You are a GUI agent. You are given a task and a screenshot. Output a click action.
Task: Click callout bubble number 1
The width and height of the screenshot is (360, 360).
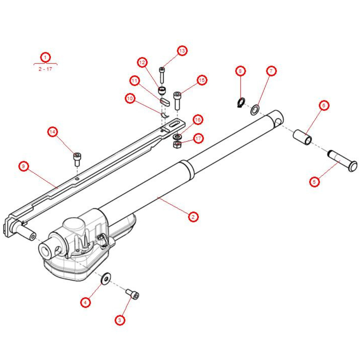[x=45, y=57]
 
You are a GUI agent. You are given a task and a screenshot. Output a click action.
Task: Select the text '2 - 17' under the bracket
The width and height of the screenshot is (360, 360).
[x=45, y=69]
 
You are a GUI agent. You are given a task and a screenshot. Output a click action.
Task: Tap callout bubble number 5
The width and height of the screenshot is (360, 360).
[x=314, y=182]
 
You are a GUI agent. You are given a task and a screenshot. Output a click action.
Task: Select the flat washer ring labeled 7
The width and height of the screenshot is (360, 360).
[x=255, y=109]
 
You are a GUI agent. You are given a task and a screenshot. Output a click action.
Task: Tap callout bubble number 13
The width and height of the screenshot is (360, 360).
[x=183, y=51]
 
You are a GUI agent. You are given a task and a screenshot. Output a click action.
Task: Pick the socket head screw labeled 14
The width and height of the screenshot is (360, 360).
[x=77, y=159]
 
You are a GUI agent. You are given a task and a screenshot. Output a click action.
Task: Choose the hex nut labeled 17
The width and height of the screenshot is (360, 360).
[x=177, y=145]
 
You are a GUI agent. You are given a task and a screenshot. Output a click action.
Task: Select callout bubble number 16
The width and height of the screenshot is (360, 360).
[x=198, y=119]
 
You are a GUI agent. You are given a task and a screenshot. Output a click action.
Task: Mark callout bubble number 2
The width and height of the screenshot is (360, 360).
[x=193, y=217]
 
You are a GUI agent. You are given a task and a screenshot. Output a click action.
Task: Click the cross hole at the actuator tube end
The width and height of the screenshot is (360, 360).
[x=278, y=123]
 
